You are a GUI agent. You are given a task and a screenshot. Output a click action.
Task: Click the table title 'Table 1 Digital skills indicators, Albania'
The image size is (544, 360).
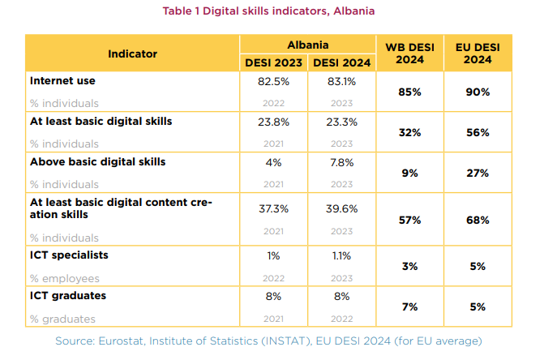272,11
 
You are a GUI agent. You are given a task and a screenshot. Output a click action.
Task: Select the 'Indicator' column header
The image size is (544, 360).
132,54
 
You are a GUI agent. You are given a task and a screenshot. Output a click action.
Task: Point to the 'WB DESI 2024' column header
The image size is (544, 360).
409,54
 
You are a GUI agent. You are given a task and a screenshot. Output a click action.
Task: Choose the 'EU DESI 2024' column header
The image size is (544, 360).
478,54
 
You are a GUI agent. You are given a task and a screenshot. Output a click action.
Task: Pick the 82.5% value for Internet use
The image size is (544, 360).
274,81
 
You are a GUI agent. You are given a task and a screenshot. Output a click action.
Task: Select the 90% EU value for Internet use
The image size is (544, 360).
478,92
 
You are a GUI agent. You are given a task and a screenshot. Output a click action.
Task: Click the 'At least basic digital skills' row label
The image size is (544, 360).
101,122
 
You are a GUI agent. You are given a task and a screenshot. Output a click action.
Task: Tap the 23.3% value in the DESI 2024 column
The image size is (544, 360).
341,122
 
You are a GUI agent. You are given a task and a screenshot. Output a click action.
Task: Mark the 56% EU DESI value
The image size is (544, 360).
478,132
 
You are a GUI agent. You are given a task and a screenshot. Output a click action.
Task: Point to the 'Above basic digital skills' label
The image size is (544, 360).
97,161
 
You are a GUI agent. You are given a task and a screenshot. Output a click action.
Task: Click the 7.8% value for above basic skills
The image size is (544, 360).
341,161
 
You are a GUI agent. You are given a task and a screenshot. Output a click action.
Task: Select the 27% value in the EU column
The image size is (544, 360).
478,173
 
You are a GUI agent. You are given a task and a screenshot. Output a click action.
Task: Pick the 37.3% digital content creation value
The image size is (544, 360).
274,208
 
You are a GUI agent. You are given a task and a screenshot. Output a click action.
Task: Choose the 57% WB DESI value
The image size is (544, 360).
409,220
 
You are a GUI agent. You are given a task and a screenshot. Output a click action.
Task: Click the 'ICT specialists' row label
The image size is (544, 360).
69,255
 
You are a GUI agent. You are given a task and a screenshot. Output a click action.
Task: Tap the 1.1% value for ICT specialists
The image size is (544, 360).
341,255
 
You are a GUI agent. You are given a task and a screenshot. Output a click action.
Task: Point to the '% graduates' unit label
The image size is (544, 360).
62,319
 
